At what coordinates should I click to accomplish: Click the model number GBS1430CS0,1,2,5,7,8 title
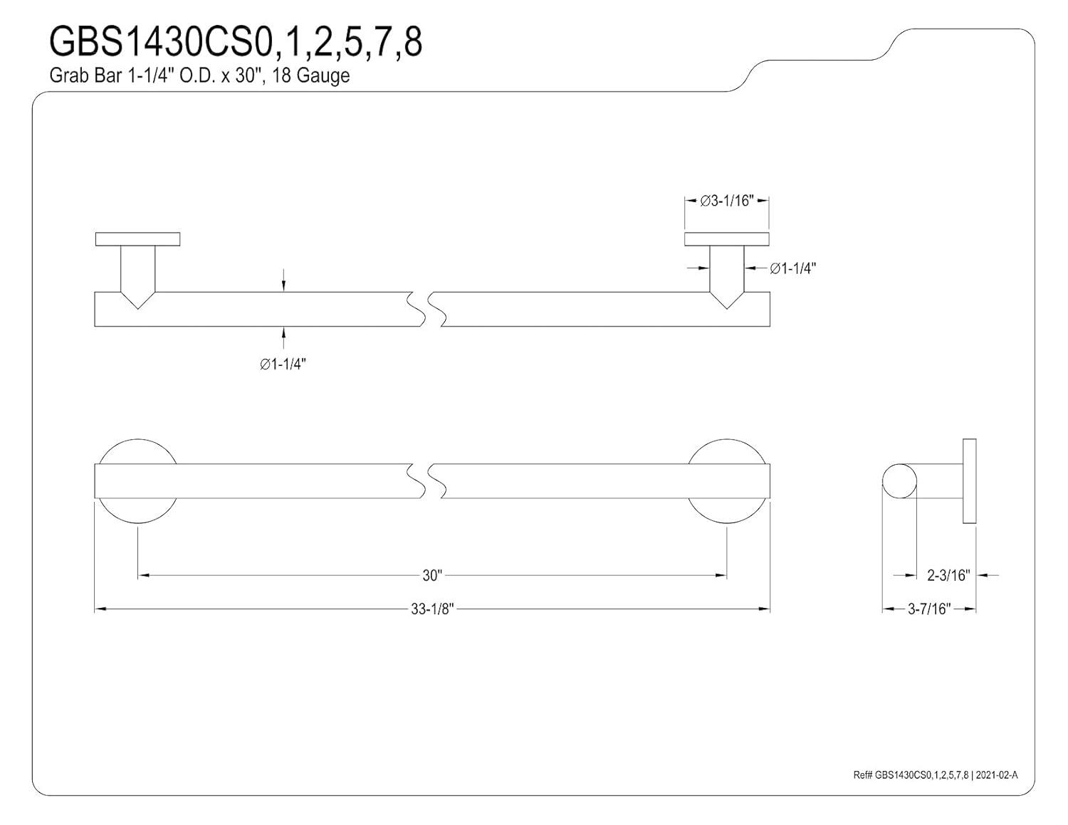[235, 42]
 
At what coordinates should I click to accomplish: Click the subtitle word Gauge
[323, 75]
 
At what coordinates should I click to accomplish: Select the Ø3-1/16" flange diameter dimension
[726, 201]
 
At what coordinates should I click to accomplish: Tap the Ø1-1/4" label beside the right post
[792, 268]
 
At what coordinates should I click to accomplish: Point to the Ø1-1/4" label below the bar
[283, 364]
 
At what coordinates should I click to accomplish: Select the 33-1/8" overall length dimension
[432, 609]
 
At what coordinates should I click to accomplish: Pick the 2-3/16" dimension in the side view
[948, 575]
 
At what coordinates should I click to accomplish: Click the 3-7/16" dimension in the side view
[929, 609]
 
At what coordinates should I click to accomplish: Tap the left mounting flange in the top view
[137, 239]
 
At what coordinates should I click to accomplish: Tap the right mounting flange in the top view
[726, 239]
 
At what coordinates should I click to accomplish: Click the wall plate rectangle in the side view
[969, 481]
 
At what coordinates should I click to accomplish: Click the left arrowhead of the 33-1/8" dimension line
[100, 609]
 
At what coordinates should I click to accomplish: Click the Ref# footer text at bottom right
[935, 775]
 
